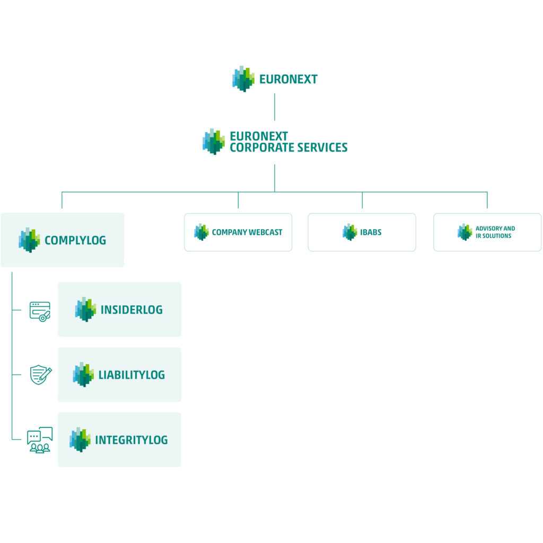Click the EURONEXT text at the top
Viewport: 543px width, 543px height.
click(x=288, y=79)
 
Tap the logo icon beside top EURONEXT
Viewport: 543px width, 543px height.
click(x=243, y=78)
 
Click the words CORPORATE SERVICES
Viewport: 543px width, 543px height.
click(x=288, y=147)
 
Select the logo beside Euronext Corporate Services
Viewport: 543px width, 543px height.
click(x=213, y=142)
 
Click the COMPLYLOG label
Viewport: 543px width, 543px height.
click(x=75, y=240)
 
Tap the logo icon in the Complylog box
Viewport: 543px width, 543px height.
click(x=29, y=240)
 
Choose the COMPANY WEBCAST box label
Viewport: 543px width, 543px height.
click(x=247, y=232)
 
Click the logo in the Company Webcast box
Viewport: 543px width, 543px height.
click(x=201, y=232)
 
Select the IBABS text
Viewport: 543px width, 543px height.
click(x=371, y=232)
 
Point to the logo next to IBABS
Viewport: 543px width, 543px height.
click(x=350, y=232)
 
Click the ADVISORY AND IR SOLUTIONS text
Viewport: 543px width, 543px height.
click(x=495, y=232)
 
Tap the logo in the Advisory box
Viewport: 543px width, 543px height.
click(x=465, y=232)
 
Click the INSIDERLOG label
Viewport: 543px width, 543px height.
click(x=132, y=310)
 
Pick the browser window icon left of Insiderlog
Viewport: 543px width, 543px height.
click(x=40, y=311)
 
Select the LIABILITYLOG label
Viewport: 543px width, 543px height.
click(x=132, y=375)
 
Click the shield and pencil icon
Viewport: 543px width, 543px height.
click(x=41, y=374)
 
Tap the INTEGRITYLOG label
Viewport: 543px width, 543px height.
click(x=132, y=440)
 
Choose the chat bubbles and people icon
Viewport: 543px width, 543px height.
click(x=40, y=440)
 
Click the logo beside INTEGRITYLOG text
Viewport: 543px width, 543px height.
click(x=80, y=440)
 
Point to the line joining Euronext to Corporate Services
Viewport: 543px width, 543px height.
click(x=275, y=107)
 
